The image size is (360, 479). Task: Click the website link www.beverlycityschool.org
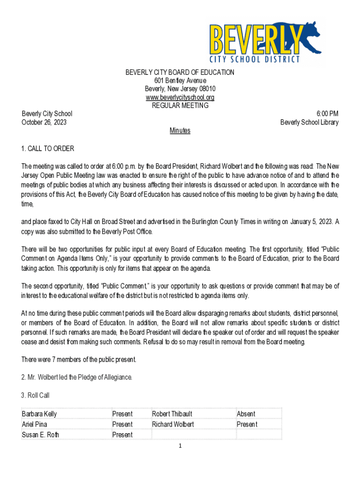coord(180,97)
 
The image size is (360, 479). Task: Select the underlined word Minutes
coord(180,131)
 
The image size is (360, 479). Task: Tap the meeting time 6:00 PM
coord(327,114)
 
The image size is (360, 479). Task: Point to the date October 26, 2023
coord(44,122)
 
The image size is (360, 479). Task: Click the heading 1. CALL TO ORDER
coord(48,149)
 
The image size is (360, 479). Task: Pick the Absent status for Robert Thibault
coord(246,414)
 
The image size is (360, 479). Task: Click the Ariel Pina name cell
coord(35,424)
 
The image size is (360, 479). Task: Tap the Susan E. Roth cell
coord(41,435)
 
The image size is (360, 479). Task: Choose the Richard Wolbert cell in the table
coord(173,424)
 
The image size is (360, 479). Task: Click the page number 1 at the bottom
coord(180,446)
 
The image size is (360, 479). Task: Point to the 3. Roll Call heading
coord(36,395)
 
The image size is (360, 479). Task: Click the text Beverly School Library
coord(310,122)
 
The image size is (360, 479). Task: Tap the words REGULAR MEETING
coord(180,106)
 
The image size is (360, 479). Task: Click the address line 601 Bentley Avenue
coord(180,80)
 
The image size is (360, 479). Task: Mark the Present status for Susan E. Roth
coord(122,435)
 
